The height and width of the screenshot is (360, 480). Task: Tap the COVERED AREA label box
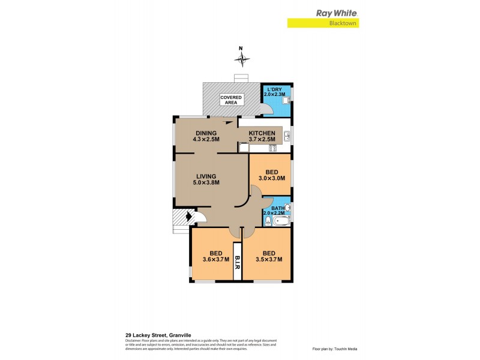pos(231,100)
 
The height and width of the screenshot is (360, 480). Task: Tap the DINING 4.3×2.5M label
pos(205,136)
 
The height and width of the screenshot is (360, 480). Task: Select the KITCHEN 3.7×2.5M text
pos(262,136)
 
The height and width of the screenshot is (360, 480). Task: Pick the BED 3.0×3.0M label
pos(271,175)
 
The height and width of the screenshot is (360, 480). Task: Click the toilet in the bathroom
pos(267,220)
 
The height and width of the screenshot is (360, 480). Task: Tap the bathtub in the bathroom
pos(281,221)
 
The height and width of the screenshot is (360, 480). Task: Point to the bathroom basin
pos(287,208)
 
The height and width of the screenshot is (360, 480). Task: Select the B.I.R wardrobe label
pos(237,260)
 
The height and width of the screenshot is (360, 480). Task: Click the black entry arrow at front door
pos(191,217)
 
